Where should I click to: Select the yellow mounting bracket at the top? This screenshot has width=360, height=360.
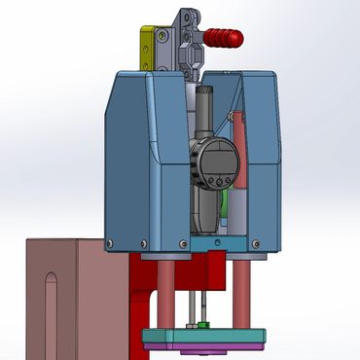click(x=146, y=49)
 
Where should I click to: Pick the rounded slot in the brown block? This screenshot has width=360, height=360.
click(x=50, y=302)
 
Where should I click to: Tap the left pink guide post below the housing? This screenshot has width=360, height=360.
click(x=166, y=292)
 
